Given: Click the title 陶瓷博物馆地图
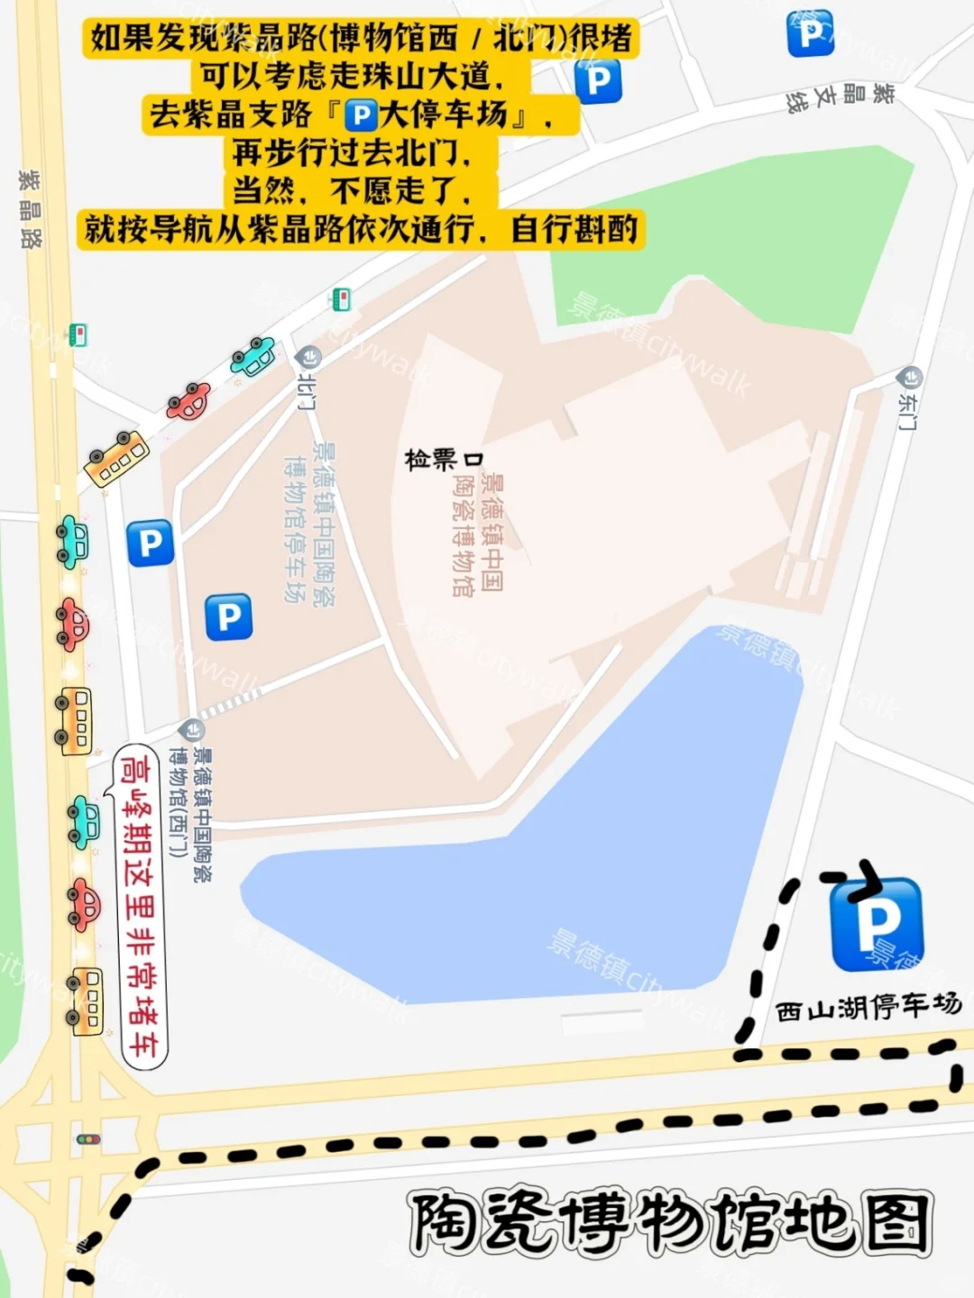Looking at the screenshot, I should (x=669, y=1223).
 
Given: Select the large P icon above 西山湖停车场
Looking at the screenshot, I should (x=876, y=923).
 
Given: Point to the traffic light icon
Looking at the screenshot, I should (x=88, y=1139).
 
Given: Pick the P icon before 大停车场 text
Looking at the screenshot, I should (x=361, y=115).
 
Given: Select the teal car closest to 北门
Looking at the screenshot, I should (x=253, y=357).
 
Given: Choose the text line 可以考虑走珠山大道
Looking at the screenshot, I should (x=352, y=77).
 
